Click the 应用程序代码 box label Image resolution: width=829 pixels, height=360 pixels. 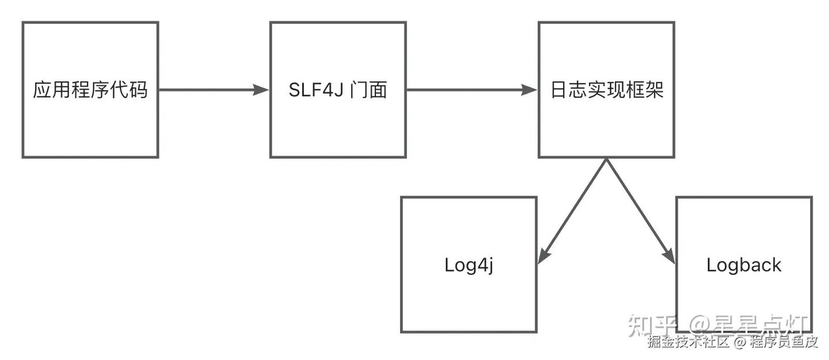pos(90,90)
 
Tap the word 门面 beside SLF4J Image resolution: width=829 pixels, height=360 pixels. pos(368,90)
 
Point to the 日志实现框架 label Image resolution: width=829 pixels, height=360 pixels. pos(607,90)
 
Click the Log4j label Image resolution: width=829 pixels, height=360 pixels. pos(469,265)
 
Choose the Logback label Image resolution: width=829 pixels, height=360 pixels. pos(744,265)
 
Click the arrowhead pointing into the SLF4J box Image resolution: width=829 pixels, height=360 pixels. pos(261,90)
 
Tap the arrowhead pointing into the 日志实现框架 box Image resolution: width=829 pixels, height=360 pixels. pos(529,90)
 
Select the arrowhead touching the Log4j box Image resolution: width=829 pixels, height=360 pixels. pos(543,256)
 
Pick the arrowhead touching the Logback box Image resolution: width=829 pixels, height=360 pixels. pos(669,256)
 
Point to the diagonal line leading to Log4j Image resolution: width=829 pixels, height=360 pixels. pos(572,211)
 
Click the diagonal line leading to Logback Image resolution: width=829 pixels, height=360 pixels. pos(641,211)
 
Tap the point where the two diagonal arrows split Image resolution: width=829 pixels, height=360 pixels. pos(607,159)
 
